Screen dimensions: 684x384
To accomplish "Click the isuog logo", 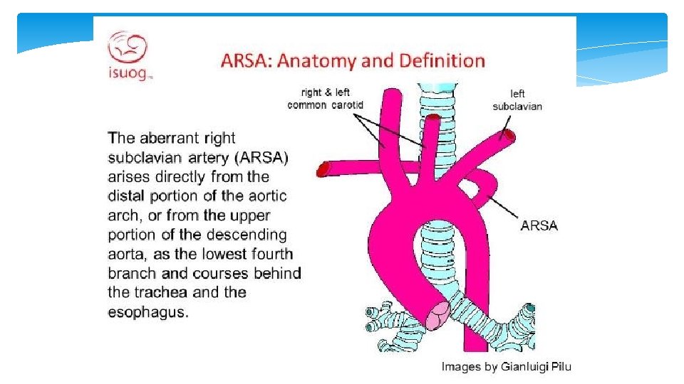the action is coord(129,55).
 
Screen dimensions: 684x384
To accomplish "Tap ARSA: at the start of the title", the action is coord(246,60).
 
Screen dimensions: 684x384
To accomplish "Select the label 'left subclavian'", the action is coord(517,100).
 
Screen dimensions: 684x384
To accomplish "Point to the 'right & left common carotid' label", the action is coord(326,99).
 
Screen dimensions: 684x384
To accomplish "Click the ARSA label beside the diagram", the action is coord(539,225).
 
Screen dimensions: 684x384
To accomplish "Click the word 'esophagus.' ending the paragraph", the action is coord(148,311).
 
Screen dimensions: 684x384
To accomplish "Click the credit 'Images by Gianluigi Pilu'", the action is coord(506,367).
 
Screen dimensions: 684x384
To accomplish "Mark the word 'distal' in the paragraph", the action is coord(126,196).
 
